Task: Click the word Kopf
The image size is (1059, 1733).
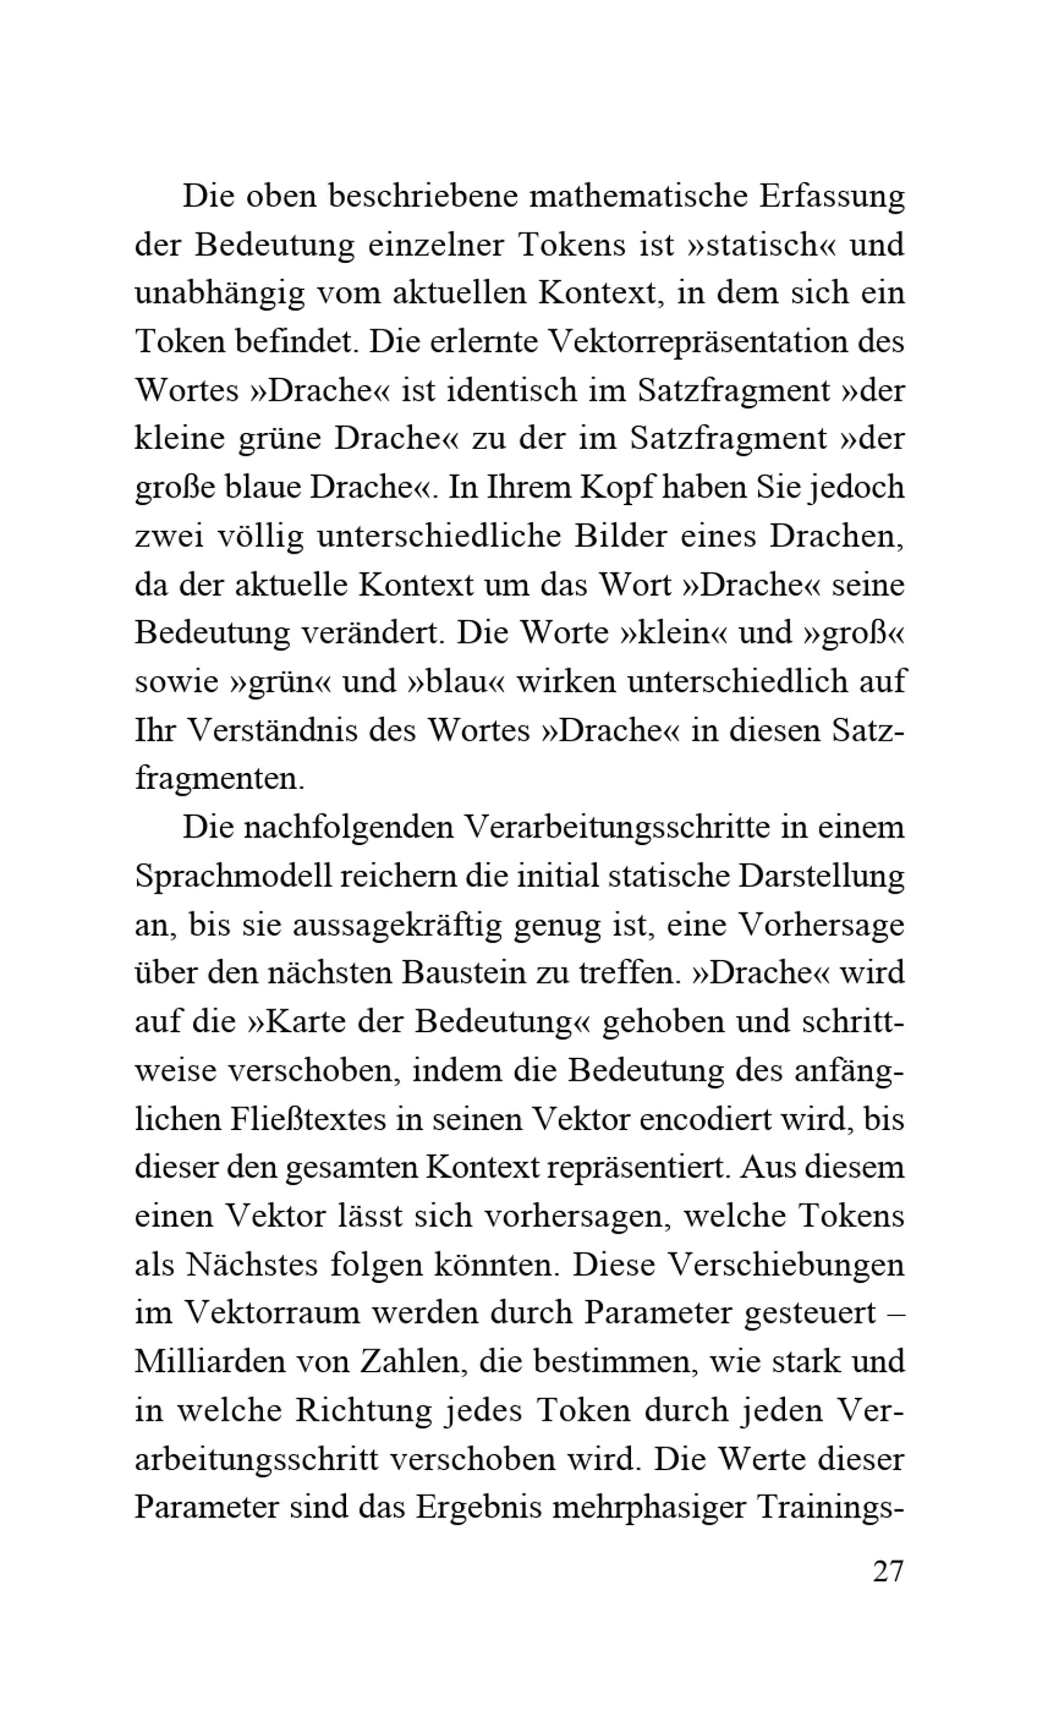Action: pyautogui.click(x=617, y=487)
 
